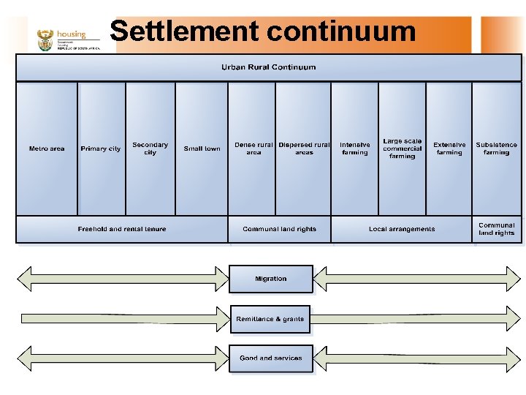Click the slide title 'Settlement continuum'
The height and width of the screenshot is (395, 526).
[x=262, y=31]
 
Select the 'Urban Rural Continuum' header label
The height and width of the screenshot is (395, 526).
[x=269, y=67]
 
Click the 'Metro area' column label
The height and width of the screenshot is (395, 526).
[x=47, y=148]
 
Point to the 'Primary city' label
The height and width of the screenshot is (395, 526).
[x=101, y=148]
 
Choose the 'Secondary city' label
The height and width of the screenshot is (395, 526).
[x=150, y=148]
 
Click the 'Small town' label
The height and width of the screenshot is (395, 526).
[x=202, y=148]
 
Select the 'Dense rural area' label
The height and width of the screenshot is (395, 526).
[x=254, y=148]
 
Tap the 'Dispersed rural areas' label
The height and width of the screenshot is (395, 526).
[x=304, y=148]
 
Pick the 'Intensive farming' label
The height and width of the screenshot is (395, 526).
[x=355, y=148]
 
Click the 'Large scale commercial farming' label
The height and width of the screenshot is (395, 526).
[x=403, y=148]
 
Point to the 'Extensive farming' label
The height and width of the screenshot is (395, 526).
[x=449, y=148]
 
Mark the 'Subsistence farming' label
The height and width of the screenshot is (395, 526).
[x=497, y=148]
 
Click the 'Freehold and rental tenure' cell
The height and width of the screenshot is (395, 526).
[x=122, y=229]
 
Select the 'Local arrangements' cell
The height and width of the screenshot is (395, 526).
[x=402, y=229]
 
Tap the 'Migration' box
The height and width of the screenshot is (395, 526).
[x=271, y=279]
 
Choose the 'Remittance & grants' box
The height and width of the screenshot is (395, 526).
[x=270, y=319]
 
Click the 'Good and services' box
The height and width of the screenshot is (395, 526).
[x=271, y=358]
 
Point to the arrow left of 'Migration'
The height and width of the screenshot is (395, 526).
[x=123, y=278]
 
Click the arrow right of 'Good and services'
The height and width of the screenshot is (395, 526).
[x=416, y=358]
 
